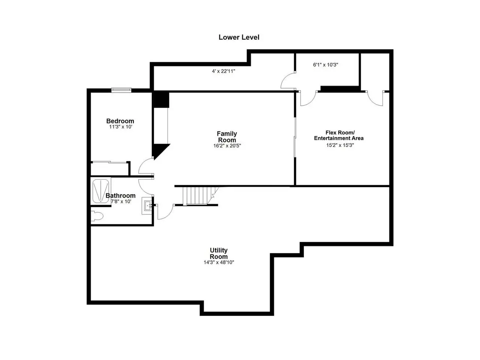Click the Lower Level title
click(239, 37)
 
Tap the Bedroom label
click(120, 121)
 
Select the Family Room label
click(227, 136)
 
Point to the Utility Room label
click(219, 253)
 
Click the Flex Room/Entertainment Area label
click(339, 135)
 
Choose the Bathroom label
click(120, 195)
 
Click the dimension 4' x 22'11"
click(223, 71)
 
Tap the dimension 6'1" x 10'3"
click(325, 65)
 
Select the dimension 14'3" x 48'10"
click(219, 262)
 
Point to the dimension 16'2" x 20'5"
click(227, 145)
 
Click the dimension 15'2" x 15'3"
click(340, 145)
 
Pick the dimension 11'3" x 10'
click(121, 127)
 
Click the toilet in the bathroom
click(97, 216)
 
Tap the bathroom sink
click(147, 205)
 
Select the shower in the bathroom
click(101, 191)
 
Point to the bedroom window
click(121, 90)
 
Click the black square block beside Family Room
click(161, 99)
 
